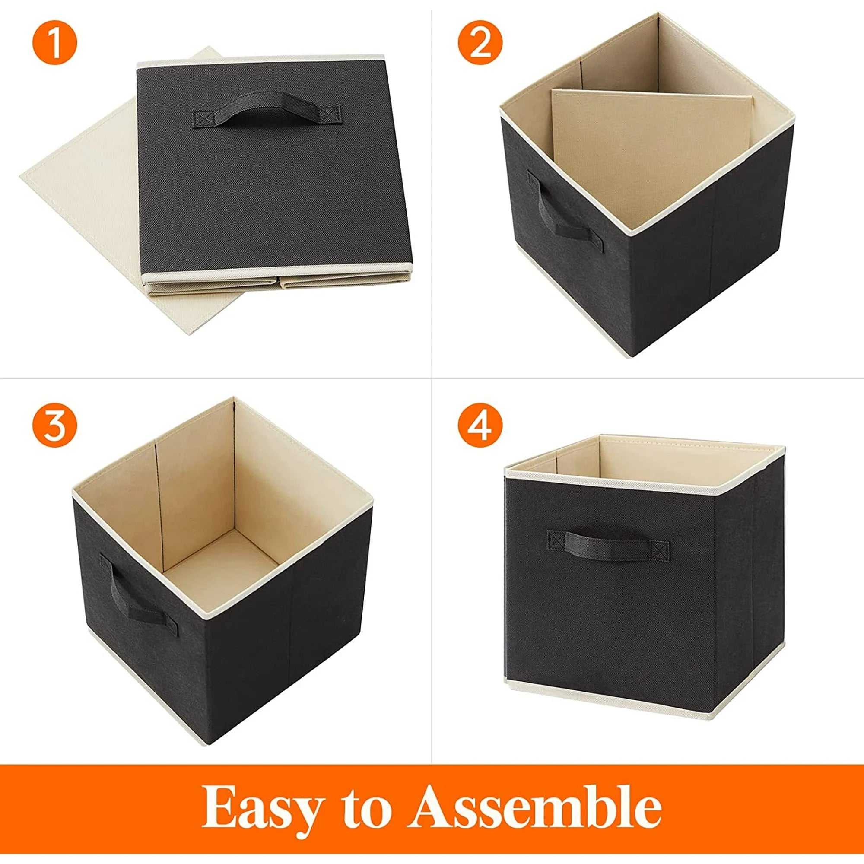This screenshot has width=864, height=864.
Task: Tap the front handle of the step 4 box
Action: coord(609,546)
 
